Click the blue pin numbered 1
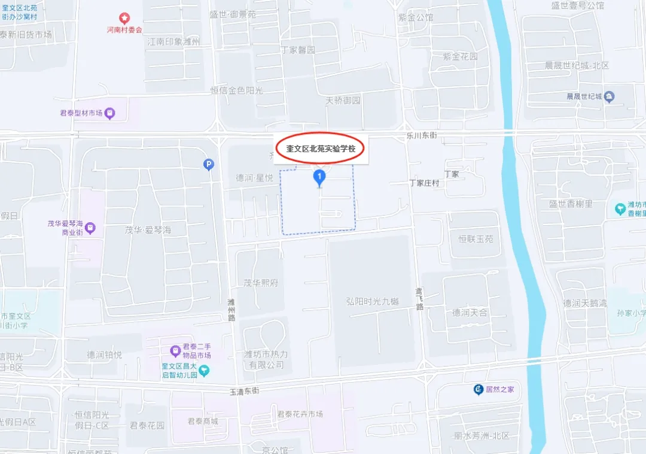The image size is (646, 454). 319,177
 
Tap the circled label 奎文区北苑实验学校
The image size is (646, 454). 321,149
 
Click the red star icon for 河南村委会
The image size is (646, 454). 124,18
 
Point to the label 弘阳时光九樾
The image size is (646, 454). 372,301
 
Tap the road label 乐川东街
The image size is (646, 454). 422,135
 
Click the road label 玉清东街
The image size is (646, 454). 245,391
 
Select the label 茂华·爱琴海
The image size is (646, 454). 148,230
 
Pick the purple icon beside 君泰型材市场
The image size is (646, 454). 109,113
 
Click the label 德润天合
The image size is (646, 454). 470,313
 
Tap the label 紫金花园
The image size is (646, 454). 460,57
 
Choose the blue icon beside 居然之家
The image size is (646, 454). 478,389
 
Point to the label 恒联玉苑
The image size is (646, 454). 476,239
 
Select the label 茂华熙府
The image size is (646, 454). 261,283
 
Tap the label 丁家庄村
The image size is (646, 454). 424,183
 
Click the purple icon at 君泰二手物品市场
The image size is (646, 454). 175,350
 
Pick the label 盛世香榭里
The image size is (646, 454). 571,204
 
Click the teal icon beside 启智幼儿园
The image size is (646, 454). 204,371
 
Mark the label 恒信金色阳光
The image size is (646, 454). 236,90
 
